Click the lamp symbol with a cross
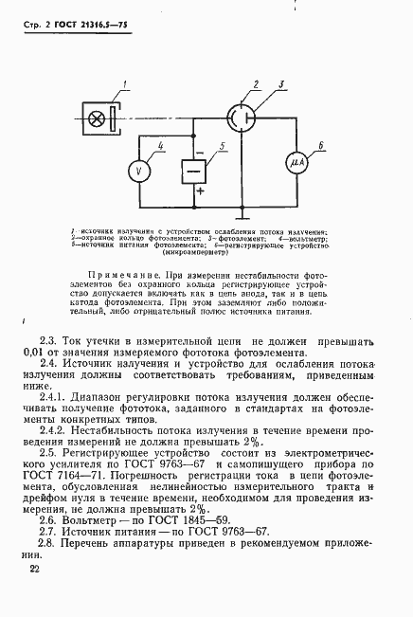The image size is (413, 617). pos(97,119)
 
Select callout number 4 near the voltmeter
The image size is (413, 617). pos(162,144)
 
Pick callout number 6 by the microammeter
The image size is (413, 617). pos(320,144)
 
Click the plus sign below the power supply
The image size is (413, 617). pos(199,192)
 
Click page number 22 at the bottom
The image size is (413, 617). pos(34,569)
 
